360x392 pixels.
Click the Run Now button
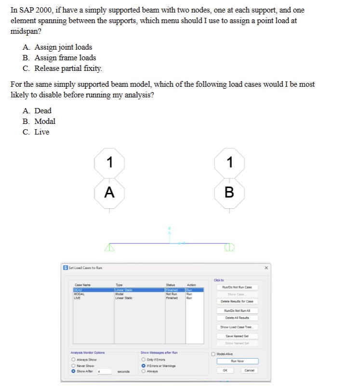[x=238, y=361]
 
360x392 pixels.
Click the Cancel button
[x=249, y=370]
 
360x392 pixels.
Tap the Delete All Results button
[x=238, y=318]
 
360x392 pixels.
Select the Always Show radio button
[x=73, y=359]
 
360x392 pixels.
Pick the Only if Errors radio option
[x=143, y=359]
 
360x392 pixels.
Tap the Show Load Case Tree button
[x=238, y=327]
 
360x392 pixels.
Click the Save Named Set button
[x=238, y=336]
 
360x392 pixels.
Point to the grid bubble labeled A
[x=109, y=192]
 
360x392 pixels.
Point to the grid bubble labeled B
[x=229, y=192]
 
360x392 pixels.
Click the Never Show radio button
[x=73, y=365]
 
